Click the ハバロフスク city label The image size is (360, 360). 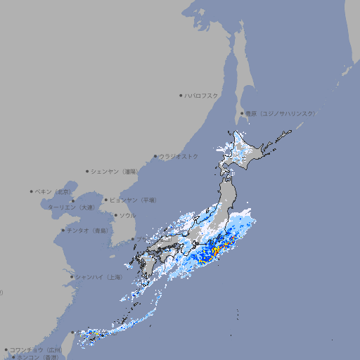(202, 95)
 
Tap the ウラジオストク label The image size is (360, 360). (179, 156)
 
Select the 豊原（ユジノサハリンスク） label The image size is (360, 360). (279, 113)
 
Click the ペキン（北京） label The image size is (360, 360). (54, 191)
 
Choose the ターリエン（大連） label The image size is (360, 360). (71, 207)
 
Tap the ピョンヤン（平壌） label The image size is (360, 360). (134, 200)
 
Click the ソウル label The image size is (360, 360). (127, 215)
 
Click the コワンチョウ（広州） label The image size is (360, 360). (36, 349)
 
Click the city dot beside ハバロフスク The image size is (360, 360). (181, 95)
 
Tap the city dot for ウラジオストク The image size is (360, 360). (155, 156)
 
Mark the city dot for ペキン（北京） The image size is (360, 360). (32, 191)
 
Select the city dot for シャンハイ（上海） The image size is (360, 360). (72, 277)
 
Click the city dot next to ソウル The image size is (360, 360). (115, 215)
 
